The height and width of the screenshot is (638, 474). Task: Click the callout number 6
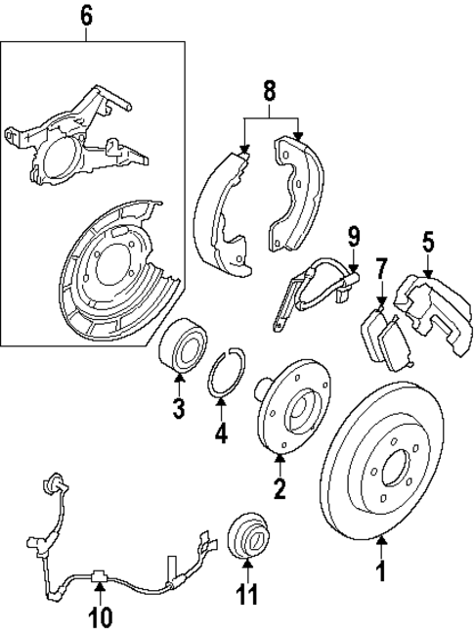[x=85, y=15]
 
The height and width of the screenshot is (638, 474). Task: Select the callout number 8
[x=271, y=93]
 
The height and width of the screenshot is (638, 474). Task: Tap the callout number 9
[x=354, y=236]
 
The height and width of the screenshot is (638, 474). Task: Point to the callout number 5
[x=427, y=241]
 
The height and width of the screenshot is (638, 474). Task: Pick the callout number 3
[x=178, y=407]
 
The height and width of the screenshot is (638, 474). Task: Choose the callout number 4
[x=222, y=432]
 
